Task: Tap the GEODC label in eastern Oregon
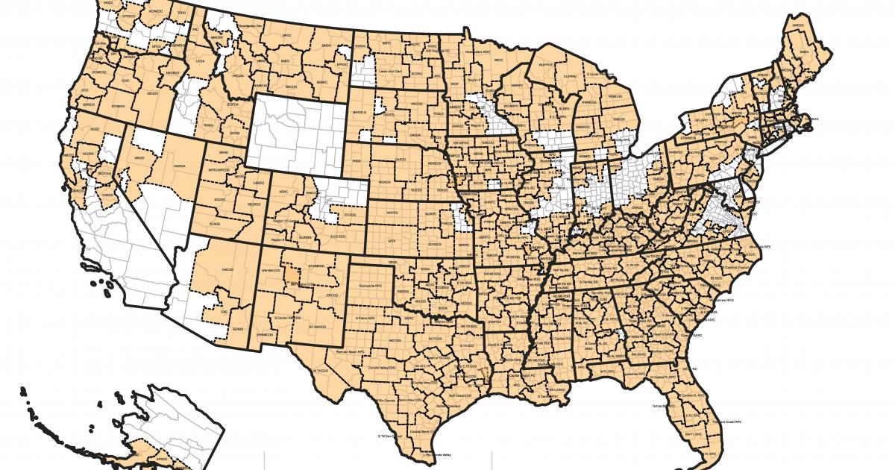tap(152, 93)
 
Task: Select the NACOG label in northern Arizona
tap(227, 269)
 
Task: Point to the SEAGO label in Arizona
tap(238, 329)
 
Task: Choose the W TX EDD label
tap(321, 371)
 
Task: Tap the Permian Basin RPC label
tap(349, 349)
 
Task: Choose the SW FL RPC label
tap(694, 433)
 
